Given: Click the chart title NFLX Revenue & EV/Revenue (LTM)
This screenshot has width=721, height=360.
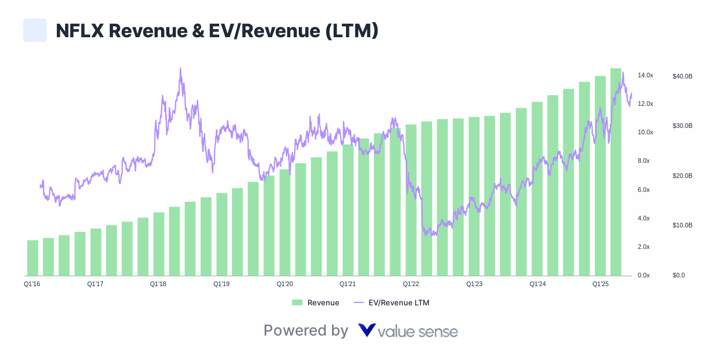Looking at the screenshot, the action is click(x=217, y=31).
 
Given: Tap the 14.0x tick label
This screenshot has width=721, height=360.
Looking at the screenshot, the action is click(x=645, y=76).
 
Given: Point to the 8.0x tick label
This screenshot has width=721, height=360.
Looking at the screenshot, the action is click(x=644, y=161).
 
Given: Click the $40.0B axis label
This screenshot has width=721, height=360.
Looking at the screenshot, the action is click(x=682, y=76).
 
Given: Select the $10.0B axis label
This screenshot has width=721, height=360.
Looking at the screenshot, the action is click(x=682, y=225).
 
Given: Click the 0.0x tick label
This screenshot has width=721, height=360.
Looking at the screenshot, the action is click(x=644, y=275).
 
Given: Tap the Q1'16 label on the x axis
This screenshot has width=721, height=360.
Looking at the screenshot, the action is click(x=31, y=284).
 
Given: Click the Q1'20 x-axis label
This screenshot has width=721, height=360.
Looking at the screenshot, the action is click(x=284, y=284).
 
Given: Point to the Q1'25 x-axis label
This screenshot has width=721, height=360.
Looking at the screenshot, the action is click(x=601, y=284).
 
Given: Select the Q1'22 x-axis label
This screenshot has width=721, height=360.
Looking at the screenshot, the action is click(x=411, y=284).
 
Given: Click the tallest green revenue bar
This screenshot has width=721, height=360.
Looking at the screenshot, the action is click(x=616, y=174).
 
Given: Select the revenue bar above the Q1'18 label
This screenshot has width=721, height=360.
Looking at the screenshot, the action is click(x=159, y=244).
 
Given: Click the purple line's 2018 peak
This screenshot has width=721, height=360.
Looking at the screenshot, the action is click(x=180, y=69).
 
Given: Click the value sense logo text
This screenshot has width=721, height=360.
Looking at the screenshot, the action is click(x=408, y=332).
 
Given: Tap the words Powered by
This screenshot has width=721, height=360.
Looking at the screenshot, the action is click(x=306, y=331).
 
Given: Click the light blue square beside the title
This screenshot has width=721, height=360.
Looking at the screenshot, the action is click(x=35, y=30).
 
